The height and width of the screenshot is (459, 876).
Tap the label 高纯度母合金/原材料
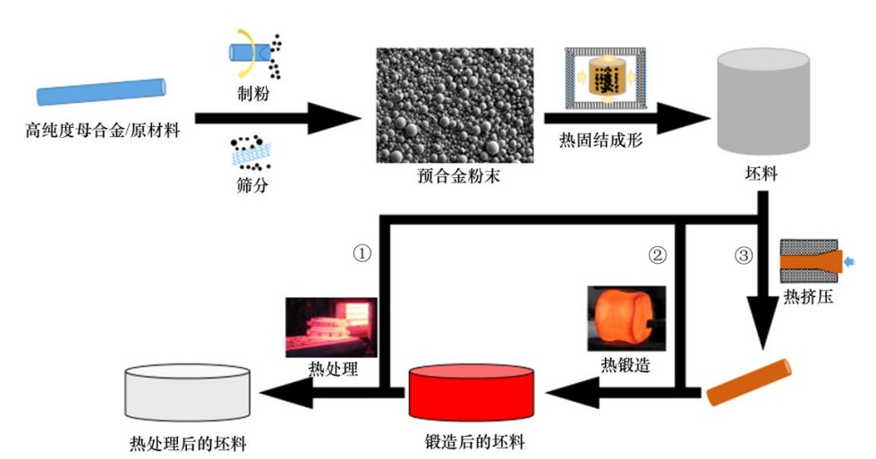[x=103, y=133]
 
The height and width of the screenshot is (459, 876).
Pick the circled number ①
[x=362, y=253]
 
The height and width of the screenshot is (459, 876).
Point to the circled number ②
[x=657, y=254]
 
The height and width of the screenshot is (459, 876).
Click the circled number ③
[x=742, y=254]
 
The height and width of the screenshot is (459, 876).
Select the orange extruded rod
[x=749, y=384]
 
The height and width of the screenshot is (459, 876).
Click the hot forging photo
[x=625, y=319]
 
